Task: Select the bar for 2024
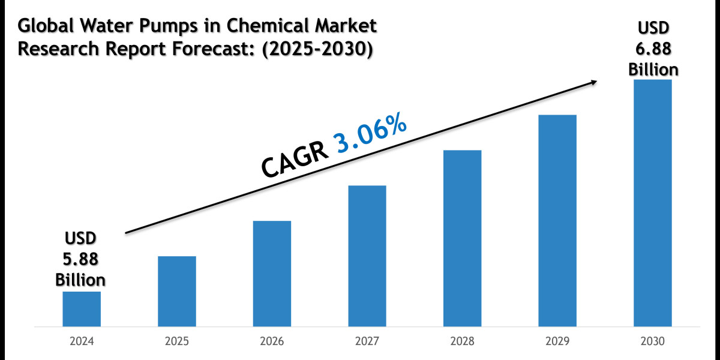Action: pyautogui.click(x=81, y=309)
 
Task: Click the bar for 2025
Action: pyautogui.click(x=176, y=292)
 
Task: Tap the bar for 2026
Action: pyautogui.click(x=272, y=274)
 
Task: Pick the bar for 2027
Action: pyautogui.click(x=367, y=256)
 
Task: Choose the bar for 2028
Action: pyautogui.click(x=462, y=238)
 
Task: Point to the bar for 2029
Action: pyautogui.click(x=557, y=221)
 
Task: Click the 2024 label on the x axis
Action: pyautogui.click(x=81, y=341)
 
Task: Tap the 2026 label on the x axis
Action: pyautogui.click(x=272, y=341)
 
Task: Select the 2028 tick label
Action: pyautogui.click(x=462, y=341)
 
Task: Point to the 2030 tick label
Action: pyautogui.click(x=652, y=341)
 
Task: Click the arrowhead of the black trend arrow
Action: pyautogui.click(x=594, y=82)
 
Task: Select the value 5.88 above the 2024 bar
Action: pyautogui.click(x=81, y=259)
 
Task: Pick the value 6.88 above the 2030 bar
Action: pyautogui.click(x=653, y=50)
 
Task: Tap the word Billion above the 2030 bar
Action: pyautogui.click(x=653, y=70)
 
